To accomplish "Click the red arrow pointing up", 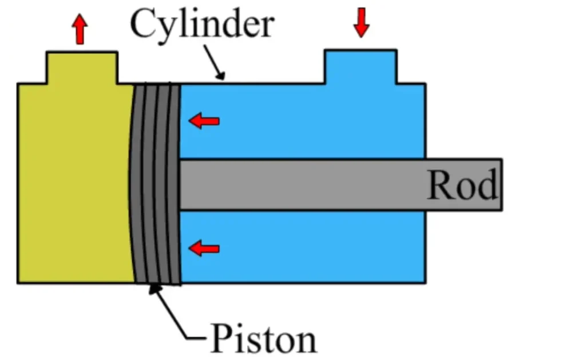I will (80, 30).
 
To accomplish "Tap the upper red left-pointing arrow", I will (204, 121).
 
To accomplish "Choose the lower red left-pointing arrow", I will (204, 248).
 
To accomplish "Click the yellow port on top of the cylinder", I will (82, 68).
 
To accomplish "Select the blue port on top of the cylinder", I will (361, 67).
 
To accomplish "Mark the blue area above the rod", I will (303, 121).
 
